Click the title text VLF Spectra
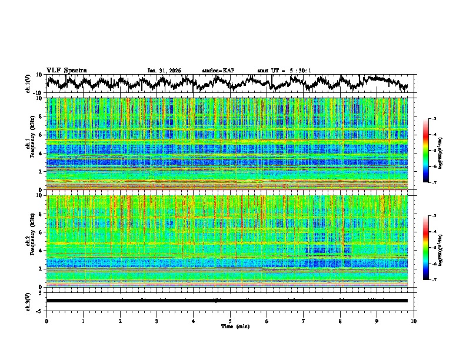pyautogui.click(x=66, y=70)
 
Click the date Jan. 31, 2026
pyautogui.click(x=164, y=71)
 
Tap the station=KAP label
pyautogui.click(x=218, y=71)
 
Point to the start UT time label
pyautogui.click(x=284, y=71)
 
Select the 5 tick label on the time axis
pyautogui.click(x=230, y=321)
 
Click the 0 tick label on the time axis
pyautogui.click(x=46, y=321)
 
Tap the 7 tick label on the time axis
pyautogui.click(x=304, y=321)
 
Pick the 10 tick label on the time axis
pyautogui.click(x=414, y=321)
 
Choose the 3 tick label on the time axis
pyautogui.click(x=157, y=321)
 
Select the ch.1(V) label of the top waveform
pyautogui.click(x=28, y=84)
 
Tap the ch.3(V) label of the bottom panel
pyautogui.click(x=28, y=300)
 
